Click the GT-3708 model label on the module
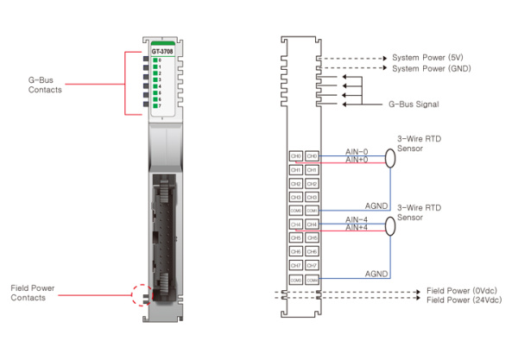point(161,52)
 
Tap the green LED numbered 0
point(155,60)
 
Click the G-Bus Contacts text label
point(45,84)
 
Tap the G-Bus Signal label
point(414,104)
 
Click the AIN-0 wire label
point(357,151)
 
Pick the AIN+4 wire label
point(357,228)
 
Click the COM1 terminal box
point(313,210)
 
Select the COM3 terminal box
point(313,280)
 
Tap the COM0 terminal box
point(296,210)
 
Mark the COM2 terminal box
point(296,280)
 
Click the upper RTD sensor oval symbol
point(389,157)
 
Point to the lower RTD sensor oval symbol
point(389,225)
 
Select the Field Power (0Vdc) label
point(462,292)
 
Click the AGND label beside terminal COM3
point(376,274)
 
